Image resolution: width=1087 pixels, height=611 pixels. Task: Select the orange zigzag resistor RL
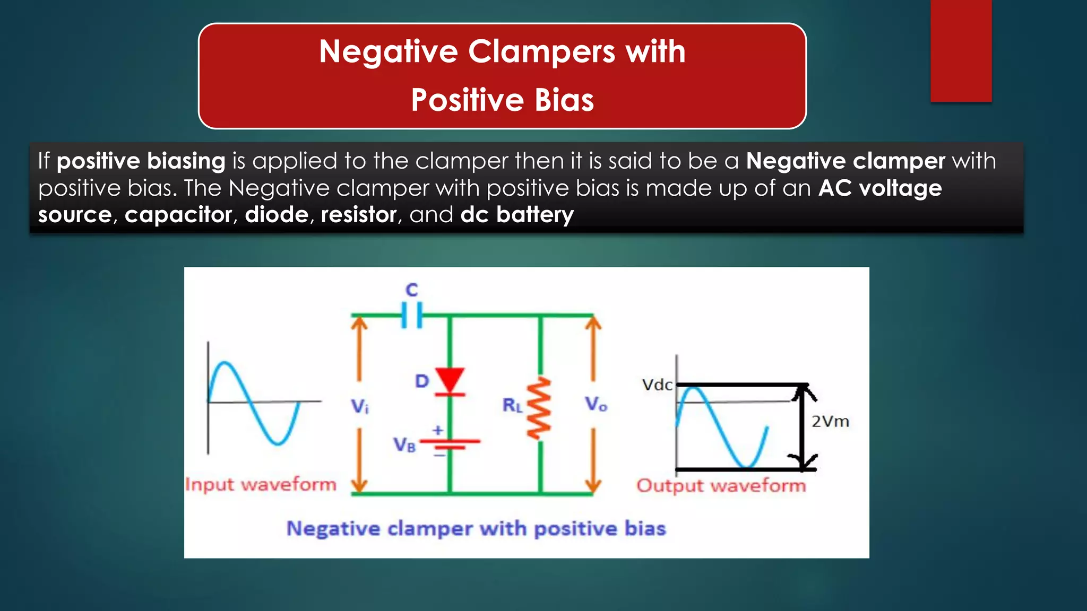tap(539, 408)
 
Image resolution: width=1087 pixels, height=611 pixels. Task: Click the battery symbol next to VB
tap(450, 444)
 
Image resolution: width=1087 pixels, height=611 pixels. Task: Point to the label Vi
tap(359, 407)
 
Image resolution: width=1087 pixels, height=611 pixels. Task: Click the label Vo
tap(596, 405)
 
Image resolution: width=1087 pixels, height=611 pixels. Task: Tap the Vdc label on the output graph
tap(657, 385)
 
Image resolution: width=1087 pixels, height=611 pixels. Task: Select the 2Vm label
tap(830, 422)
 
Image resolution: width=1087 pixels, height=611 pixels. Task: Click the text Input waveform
tap(261, 485)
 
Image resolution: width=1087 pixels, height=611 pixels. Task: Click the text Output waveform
tap(721, 486)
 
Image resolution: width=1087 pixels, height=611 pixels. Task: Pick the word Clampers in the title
tap(541, 52)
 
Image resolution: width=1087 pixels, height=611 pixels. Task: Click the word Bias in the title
tap(564, 100)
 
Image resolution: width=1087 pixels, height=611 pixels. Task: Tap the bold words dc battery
tap(517, 215)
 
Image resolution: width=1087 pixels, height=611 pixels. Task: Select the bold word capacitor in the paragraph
tap(178, 215)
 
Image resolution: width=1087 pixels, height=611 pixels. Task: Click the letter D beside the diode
tap(422, 381)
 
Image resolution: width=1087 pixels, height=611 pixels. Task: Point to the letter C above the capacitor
tap(412, 290)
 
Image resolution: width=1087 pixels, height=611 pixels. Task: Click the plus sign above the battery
tap(438, 430)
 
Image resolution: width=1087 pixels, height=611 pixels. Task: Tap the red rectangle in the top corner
tap(961, 50)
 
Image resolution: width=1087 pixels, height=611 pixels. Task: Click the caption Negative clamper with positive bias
tap(476, 529)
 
